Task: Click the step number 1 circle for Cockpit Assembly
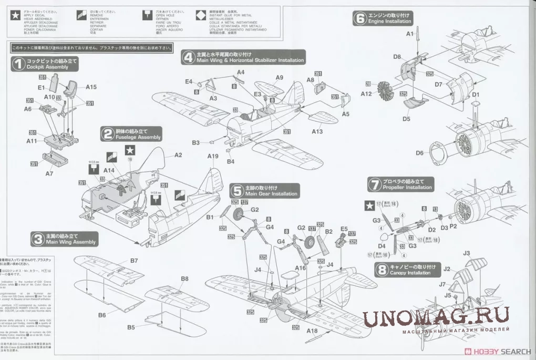pyautogui.click(x=18, y=64)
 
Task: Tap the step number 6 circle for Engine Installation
pyautogui.click(x=360, y=18)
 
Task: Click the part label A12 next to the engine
pyautogui.click(x=367, y=94)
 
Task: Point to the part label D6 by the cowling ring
pyautogui.click(x=419, y=153)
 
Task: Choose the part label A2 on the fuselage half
pyautogui.click(x=178, y=155)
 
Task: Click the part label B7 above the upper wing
pyautogui.click(x=134, y=261)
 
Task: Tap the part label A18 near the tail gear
pyautogui.click(x=312, y=331)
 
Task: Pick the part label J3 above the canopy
pyautogui.click(x=467, y=253)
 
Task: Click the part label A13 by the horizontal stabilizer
pyautogui.click(x=317, y=131)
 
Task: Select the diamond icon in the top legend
pyautogui.click(x=201, y=15)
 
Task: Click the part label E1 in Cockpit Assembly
pyautogui.click(x=42, y=88)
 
